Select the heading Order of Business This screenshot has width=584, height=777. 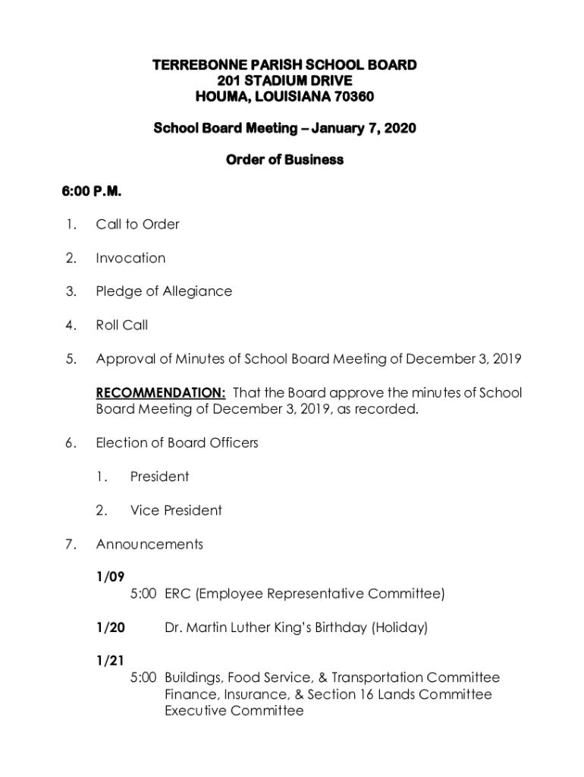coord(284,159)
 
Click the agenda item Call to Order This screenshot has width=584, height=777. coord(137,224)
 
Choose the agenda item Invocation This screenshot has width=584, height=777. coord(130,258)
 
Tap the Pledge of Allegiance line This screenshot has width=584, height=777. coord(164,291)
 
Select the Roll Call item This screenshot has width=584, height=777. coord(122,325)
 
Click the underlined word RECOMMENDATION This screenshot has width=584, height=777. coord(160,392)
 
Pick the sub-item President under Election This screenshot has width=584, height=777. coord(159,477)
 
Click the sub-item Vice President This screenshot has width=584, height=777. coord(176,510)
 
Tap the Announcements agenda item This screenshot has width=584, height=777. coord(149,544)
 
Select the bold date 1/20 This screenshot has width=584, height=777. coord(111,628)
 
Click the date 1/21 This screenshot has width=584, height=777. coord(109,661)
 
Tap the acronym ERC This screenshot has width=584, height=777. coord(177,593)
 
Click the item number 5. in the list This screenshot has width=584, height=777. coord(71,359)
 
